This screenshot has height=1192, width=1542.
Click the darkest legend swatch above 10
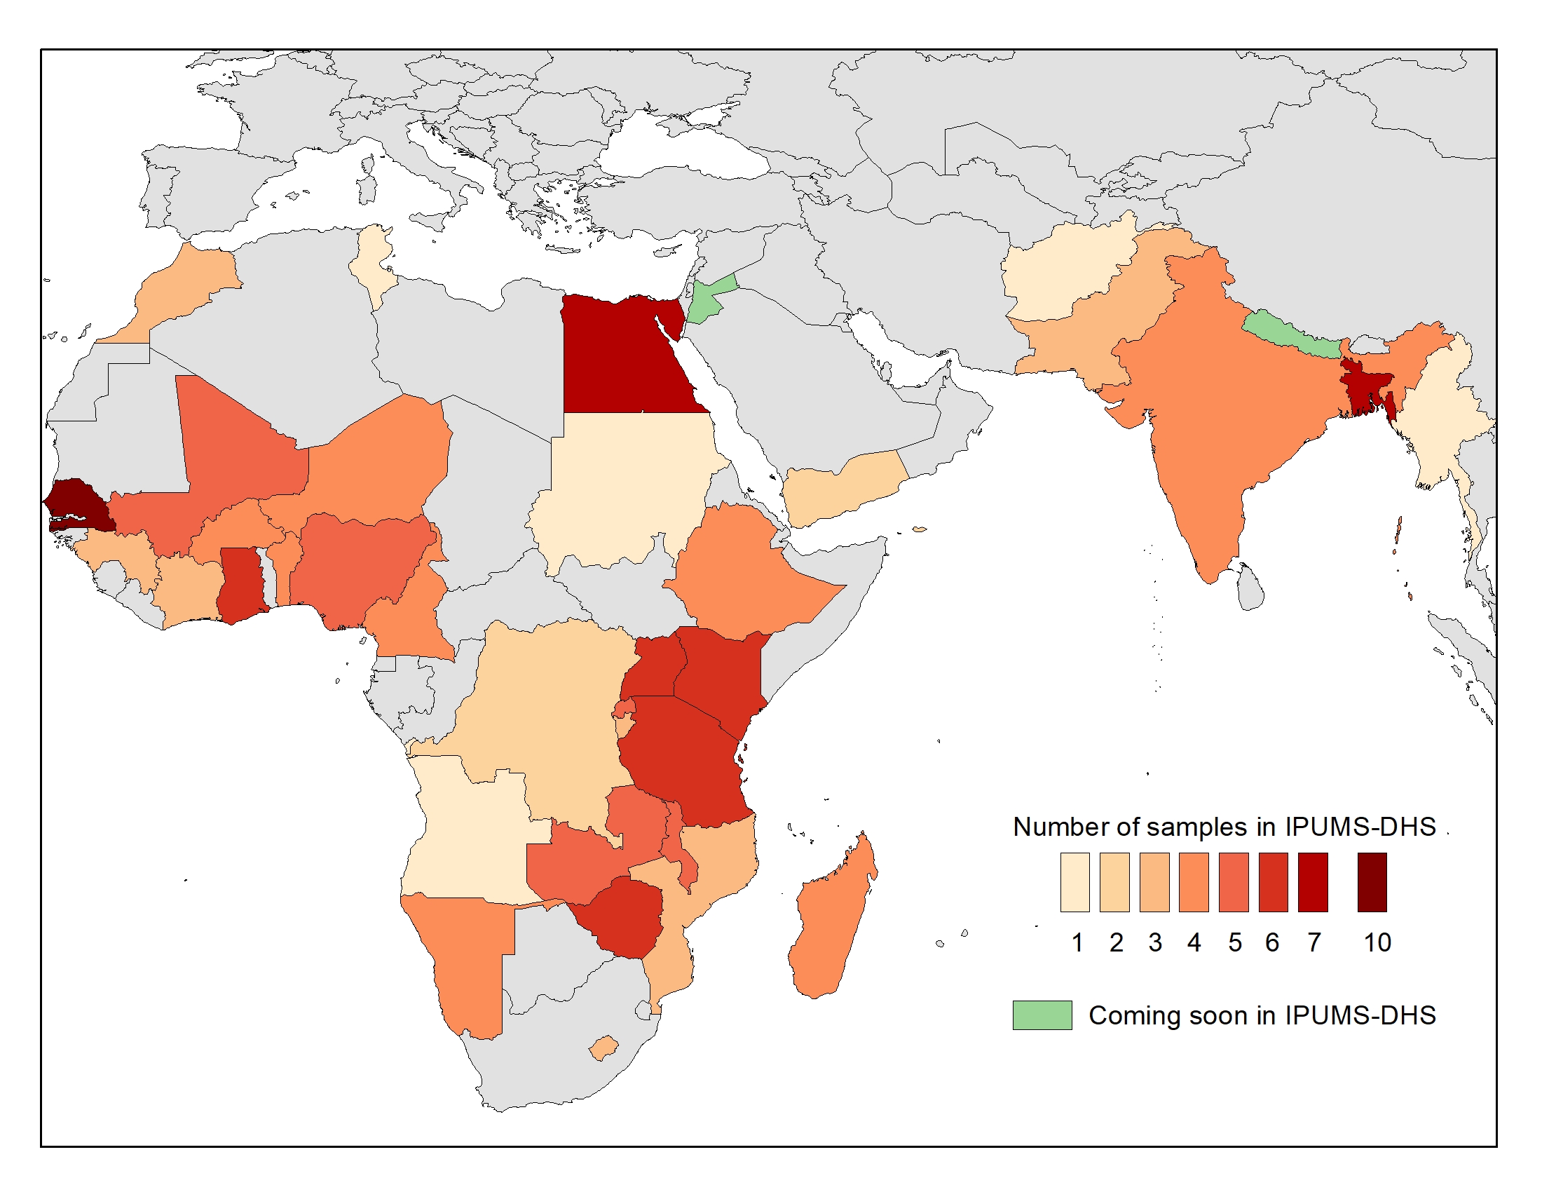[x=1372, y=882]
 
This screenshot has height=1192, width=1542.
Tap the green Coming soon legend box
[x=1042, y=1015]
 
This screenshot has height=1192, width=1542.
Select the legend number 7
[x=1314, y=942]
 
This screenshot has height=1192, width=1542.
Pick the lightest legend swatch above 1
[x=1074, y=882]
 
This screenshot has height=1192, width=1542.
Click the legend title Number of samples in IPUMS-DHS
[x=1224, y=826]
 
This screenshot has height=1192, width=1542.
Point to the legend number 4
[x=1194, y=942]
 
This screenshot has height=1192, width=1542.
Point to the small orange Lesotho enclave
[x=603, y=1048]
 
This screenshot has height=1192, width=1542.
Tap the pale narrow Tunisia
[x=371, y=262]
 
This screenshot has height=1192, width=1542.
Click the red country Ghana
[x=240, y=583]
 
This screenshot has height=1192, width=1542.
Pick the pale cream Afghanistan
[x=1059, y=276]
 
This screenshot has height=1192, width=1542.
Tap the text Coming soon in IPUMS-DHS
[x=1262, y=1015]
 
